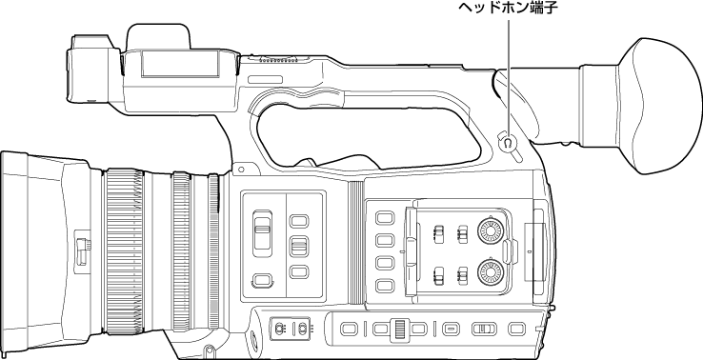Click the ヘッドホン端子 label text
click(x=509, y=11)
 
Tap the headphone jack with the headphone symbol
click(x=508, y=145)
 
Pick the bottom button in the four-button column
click(x=384, y=285)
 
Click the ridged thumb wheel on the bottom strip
click(x=400, y=329)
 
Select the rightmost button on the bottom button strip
click(x=517, y=329)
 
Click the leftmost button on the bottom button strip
click(x=349, y=329)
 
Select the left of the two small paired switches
click(x=279, y=329)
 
